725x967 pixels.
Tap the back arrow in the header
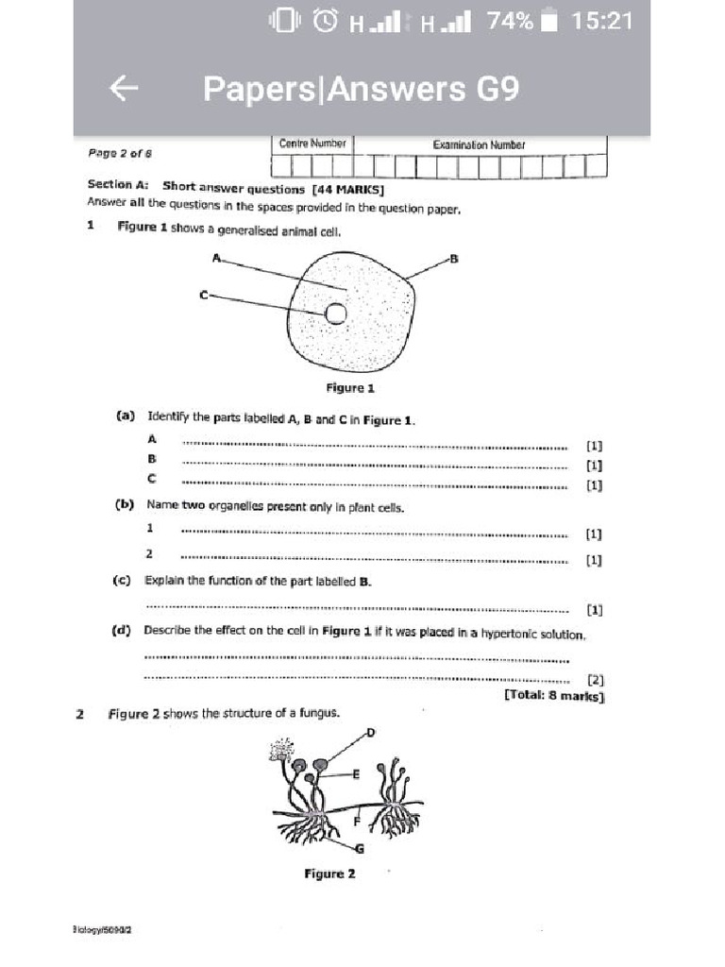pos(125,89)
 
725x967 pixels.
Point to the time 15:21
pos(601,21)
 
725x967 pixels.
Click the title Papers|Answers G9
pos(361,89)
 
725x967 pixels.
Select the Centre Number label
pos(312,144)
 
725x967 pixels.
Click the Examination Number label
pos(479,145)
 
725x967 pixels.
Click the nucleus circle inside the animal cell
pos(335,314)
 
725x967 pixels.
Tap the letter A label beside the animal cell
pos(216,257)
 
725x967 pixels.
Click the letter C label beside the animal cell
pos(203,296)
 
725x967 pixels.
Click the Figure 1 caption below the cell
pos(350,388)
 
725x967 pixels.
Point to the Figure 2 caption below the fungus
pos(329,874)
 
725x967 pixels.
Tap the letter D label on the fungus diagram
pos(371,732)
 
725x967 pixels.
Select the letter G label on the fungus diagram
pos(359,847)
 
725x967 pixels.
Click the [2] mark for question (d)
pos(595,679)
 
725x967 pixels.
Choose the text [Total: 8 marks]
pos(554,696)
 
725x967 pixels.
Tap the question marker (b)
pos(124,505)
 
